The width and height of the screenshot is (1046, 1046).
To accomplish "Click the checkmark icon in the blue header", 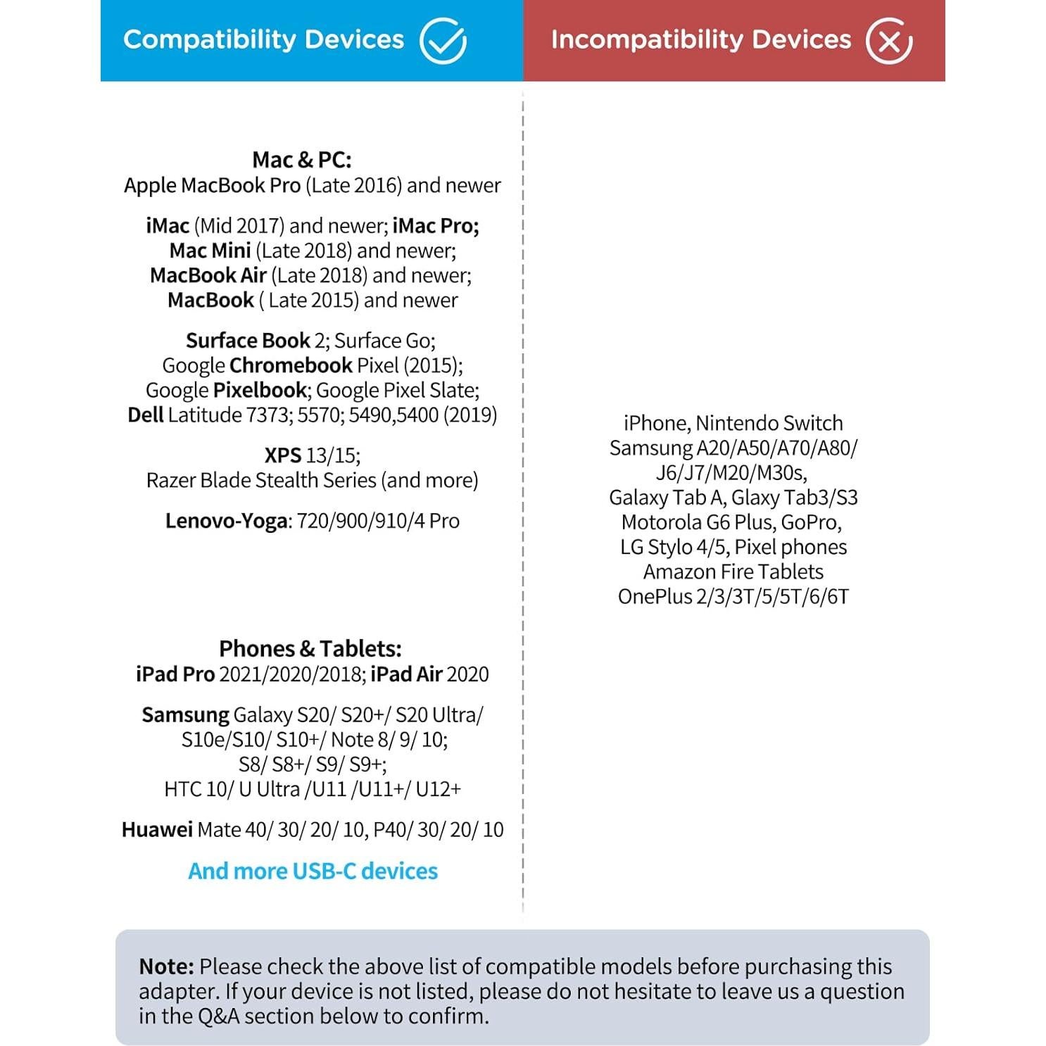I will click(x=443, y=40).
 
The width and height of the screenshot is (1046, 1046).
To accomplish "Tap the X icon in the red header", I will click(x=888, y=40).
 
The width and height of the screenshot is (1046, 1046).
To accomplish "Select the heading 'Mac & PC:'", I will click(x=302, y=160).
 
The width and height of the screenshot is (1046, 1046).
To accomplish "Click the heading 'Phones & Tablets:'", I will click(x=310, y=648).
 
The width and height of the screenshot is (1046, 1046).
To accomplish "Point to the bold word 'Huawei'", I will click(x=157, y=829).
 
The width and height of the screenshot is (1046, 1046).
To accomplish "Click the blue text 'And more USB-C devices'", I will click(x=313, y=871).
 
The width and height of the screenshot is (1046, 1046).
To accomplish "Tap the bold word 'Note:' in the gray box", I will click(x=166, y=966).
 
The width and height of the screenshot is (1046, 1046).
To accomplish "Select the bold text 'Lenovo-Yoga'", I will click(x=226, y=521).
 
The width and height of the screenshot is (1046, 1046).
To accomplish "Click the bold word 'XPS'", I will click(x=283, y=455).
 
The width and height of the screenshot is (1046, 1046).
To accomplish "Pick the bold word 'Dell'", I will click(x=146, y=415).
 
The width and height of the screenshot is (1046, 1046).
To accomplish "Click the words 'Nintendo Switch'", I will click(x=769, y=423).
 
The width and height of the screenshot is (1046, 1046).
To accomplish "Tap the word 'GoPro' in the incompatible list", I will click(x=809, y=522).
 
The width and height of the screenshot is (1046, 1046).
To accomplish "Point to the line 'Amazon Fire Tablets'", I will click(x=733, y=572).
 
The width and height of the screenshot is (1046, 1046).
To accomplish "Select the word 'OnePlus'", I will click(x=655, y=597).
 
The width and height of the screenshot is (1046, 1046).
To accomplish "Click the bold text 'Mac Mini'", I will click(x=210, y=251).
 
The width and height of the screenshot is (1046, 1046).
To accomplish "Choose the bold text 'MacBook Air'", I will click(x=208, y=275).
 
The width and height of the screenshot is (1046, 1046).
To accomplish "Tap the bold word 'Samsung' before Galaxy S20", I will click(x=185, y=714).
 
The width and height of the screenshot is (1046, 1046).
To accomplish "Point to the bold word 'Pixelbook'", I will click(x=260, y=390).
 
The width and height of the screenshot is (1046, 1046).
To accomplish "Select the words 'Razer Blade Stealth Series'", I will click(x=261, y=480).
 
